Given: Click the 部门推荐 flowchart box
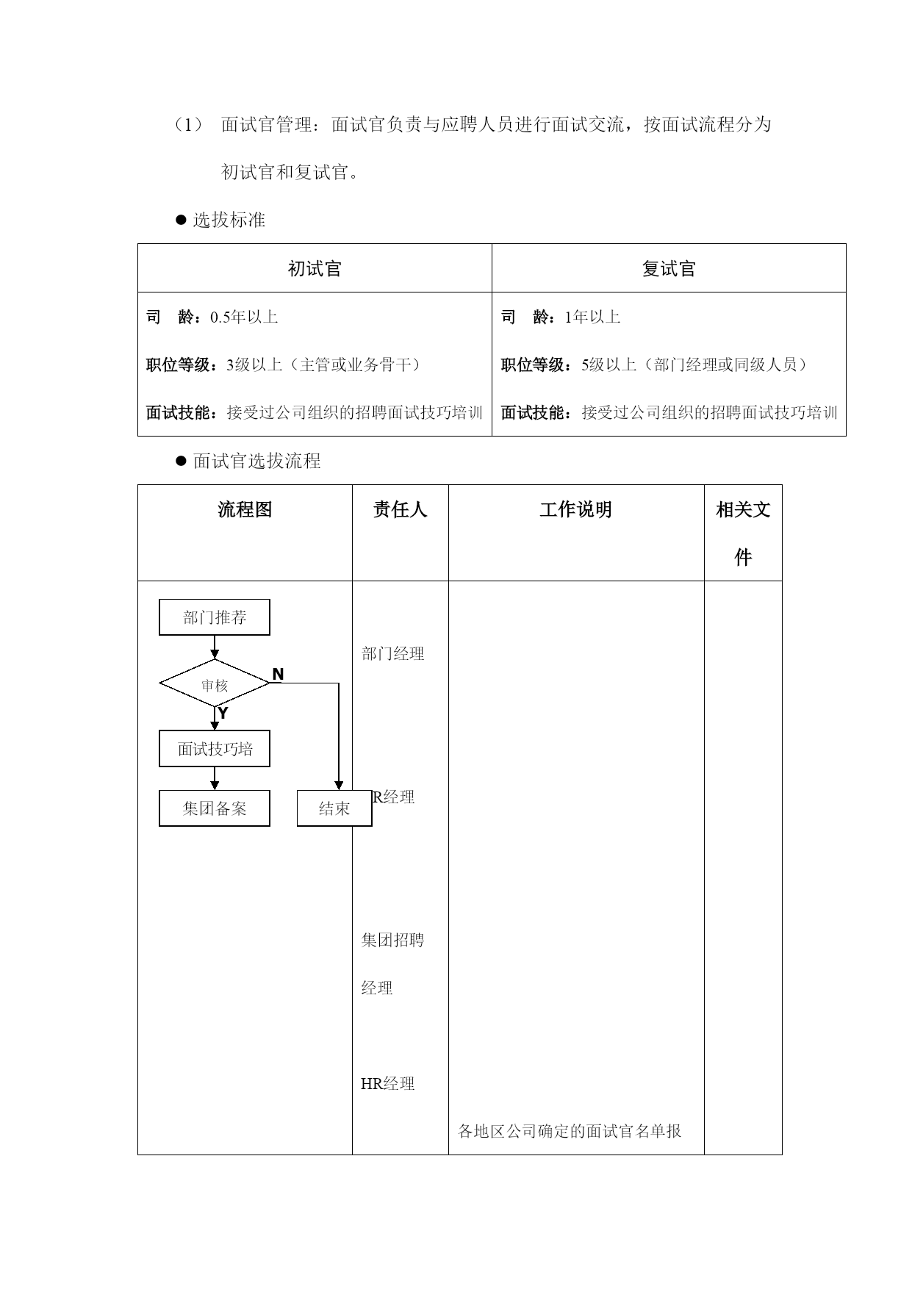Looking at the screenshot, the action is coord(215,617).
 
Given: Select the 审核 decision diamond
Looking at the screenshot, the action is coord(215,683).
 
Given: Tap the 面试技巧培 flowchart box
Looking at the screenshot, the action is coord(215,749).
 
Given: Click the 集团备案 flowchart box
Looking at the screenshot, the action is coord(215,808).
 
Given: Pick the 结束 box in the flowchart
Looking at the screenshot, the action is coord(334,808).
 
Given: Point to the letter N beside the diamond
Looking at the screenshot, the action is coord(278,674).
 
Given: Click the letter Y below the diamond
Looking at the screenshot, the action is coord(223,713).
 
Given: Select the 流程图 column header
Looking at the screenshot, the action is coord(245,509).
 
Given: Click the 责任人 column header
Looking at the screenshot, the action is coord(400,509).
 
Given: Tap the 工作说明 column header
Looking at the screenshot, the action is coord(575,509).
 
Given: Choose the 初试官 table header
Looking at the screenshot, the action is coord(315,268).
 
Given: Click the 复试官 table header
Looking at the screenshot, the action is coord(669,268).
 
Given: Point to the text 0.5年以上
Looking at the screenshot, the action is coord(244,317).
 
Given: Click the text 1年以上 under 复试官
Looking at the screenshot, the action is coord(592,317).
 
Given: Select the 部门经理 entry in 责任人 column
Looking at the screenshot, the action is coord(393,653).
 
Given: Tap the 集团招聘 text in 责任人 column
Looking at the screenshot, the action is coord(393,940).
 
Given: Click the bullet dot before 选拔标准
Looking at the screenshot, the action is coord(182,220).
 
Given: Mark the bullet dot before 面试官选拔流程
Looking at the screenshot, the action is coord(182,461).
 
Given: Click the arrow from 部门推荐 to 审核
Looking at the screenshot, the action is coord(215,647).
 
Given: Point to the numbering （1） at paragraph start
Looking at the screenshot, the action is coord(188,125).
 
